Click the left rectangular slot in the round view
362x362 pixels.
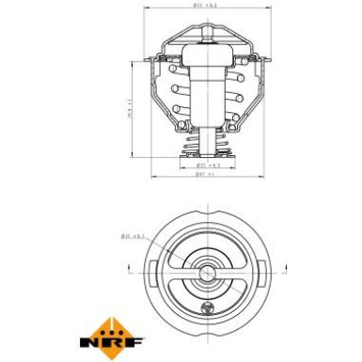click(153, 275)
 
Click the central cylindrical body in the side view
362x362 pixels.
click(207, 94)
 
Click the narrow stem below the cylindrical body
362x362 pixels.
click(207, 141)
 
